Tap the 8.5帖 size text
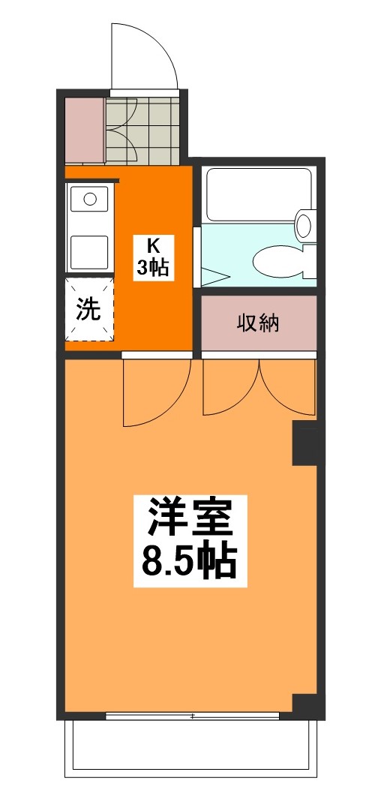189,562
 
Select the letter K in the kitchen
154,245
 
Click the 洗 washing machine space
88,309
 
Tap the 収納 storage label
258,323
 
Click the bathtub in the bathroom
258,195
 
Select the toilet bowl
280,261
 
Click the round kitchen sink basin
90,199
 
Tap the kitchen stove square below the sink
89,252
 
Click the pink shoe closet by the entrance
85,128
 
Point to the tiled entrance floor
142,131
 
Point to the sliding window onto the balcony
193,716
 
